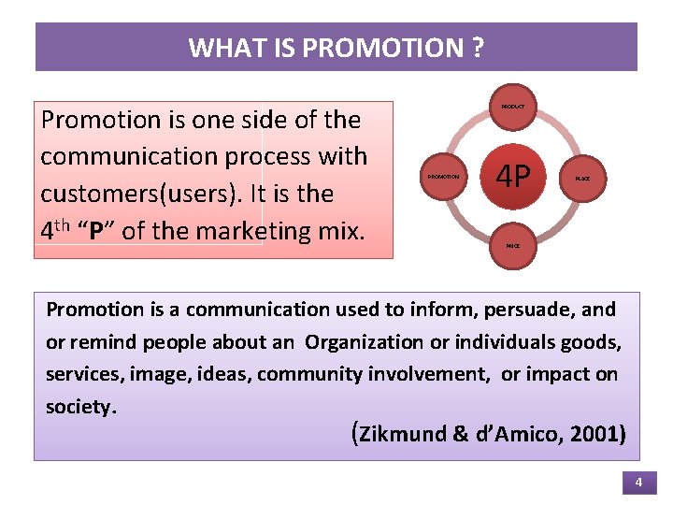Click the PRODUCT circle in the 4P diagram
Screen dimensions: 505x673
click(x=513, y=108)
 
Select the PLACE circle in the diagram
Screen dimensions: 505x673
click(x=582, y=178)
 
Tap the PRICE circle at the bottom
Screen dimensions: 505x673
click(x=513, y=246)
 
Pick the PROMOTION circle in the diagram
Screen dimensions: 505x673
click(x=443, y=177)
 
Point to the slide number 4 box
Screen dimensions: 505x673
click(x=638, y=483)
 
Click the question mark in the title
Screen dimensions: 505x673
click(x=478, y=48)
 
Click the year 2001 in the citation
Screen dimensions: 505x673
click(x=595, y=435)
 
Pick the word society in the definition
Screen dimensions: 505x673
click(x=79, y=408)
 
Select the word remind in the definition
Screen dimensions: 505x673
click(x=97, y=342)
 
